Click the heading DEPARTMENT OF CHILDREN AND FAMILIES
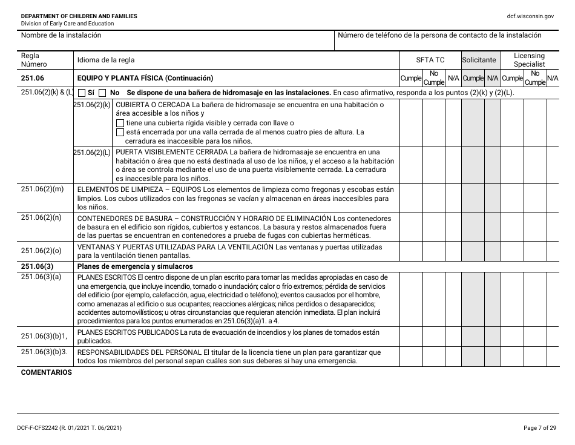tap(79, 16)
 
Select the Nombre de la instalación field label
tap(61, 35)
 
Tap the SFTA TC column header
tap(430, 60)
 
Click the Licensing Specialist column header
tap(529, 60)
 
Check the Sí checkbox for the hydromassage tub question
tap(83, 93)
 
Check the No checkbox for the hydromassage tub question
tap(102, 93)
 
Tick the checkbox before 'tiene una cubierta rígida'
tap(120, 123)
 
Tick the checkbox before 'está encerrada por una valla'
tap(120, 132)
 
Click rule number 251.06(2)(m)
tap(42, 190)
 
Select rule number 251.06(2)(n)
tap(42, 217)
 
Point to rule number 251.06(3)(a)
tap(41, 277)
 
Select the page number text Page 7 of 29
tap(538, 428)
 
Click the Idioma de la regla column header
tap(106, 60)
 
